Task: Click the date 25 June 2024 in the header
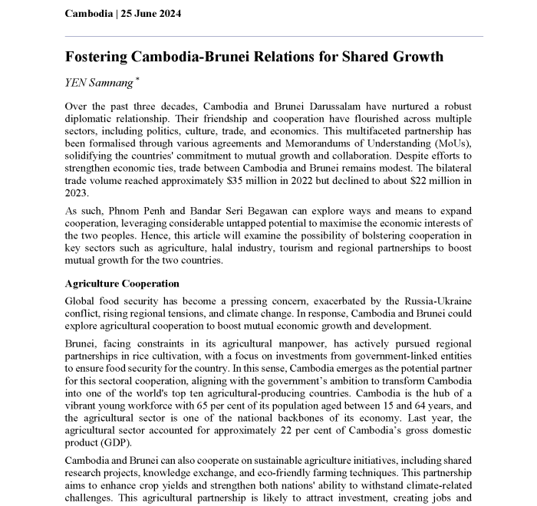point(150,14)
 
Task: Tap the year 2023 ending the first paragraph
point(77,193)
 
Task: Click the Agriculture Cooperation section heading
point(123,284)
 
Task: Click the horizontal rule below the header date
point(274,36)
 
